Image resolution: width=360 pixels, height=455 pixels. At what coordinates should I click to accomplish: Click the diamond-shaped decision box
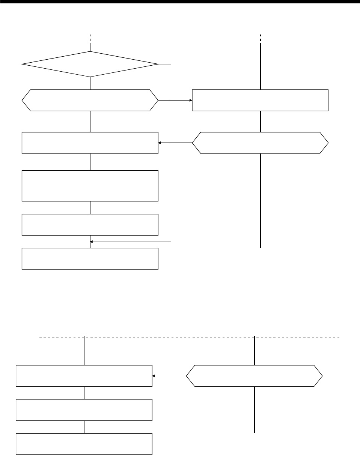[90, 64]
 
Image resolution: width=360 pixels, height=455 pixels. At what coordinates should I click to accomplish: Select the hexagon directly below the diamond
[90, 100]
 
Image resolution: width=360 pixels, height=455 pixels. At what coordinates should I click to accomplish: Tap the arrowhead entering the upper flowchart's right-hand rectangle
[190, 101]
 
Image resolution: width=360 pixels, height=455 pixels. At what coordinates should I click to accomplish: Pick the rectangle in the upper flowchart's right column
[260, 100]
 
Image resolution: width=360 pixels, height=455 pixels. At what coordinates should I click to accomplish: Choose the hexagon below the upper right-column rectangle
[260, 143]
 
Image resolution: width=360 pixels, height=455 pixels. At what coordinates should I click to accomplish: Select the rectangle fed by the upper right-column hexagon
[90, 143]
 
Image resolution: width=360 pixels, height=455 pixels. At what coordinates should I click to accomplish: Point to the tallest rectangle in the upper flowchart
[90, 186]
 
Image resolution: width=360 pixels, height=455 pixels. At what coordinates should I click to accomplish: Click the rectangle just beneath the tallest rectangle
[90, 224]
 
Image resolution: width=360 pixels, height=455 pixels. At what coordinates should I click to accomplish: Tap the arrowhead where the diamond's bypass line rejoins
[92, 242]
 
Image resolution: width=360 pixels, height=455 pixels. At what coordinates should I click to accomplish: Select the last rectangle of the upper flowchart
[90, 258]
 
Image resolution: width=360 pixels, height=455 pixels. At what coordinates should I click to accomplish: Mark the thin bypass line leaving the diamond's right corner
[171, 150]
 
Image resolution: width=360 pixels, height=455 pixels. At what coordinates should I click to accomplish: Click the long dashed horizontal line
[188, 338]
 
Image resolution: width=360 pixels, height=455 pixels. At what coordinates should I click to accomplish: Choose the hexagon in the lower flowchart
[254, 375]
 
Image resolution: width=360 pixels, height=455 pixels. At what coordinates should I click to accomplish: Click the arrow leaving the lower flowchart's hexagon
[169, 375]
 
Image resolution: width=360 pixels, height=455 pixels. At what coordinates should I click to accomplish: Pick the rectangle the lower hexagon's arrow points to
[84, 375]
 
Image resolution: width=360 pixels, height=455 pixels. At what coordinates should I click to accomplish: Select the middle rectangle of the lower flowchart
[84, 410]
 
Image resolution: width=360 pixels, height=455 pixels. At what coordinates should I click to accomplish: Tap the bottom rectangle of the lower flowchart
[84, 444]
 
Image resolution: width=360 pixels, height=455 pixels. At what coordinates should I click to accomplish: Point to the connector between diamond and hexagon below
[90, 83]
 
